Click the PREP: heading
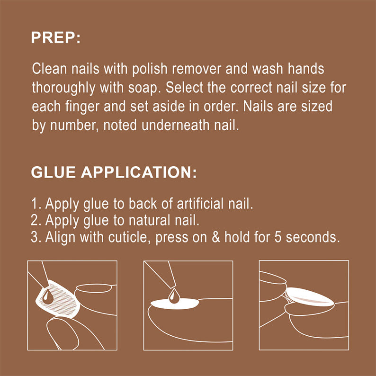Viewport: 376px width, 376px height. (55, 38)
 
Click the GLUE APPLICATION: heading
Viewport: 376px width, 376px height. (114, 172)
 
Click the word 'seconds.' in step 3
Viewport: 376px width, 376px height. (313, 237)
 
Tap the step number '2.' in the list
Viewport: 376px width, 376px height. (36, 220)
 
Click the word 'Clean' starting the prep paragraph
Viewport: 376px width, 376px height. (45, 69)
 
